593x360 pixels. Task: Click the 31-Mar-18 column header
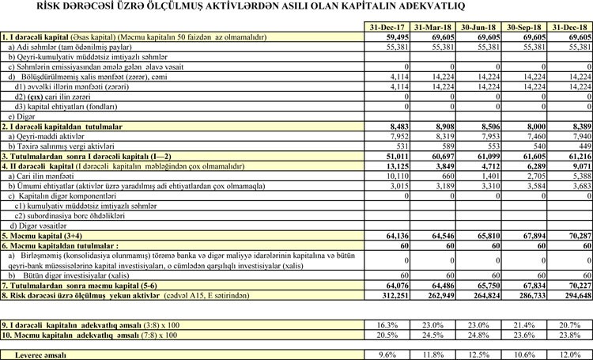click(x=434, y=28)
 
